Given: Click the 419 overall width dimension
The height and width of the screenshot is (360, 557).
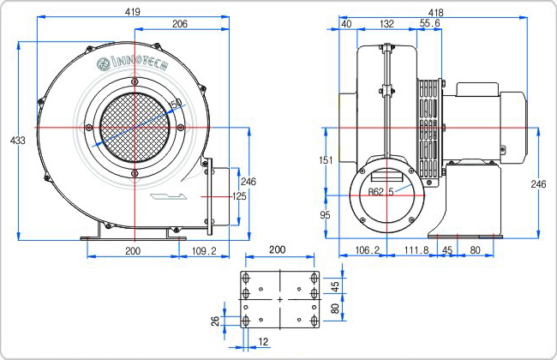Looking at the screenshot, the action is tap(133, 12).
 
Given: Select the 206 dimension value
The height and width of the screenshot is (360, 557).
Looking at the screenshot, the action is tap(180, 24).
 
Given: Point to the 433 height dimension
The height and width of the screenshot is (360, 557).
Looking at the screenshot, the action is tap(18, 141).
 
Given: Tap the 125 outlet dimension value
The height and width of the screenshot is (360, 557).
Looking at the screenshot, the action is tap(239, 196).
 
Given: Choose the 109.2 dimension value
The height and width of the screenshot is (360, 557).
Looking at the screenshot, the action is tap(204, 251).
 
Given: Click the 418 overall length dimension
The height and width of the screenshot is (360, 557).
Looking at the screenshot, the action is tap(435, 13).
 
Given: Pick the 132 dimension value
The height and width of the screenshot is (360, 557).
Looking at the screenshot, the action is tap(386, 24).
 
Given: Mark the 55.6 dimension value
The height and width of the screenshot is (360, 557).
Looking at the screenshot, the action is tap(430, 23).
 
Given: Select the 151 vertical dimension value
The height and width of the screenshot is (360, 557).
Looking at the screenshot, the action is tap(326, 160).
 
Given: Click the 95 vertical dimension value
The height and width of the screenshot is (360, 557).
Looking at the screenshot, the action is tap(325, 214).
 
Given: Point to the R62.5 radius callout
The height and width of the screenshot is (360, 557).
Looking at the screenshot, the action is tap(380, 192).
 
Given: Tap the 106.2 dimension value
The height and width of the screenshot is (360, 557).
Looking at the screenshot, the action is tap(368, 250).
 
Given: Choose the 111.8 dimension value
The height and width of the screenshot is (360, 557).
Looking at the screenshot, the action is tap(416, 250).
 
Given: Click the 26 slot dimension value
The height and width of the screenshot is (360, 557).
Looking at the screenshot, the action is tap(216, 321).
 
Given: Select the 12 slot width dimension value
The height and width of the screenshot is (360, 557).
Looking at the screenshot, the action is tap(263, 342).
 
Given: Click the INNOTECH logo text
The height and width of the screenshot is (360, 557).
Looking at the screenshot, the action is tap(132, 63).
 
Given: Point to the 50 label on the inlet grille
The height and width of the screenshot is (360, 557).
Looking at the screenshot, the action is tap(177, 104).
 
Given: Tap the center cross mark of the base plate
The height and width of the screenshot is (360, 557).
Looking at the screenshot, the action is tap(280, 300).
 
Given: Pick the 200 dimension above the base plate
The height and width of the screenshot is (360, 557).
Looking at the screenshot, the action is tap(277, 249).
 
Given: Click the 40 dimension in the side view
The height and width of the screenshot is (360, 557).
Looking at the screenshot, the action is tap(346, 24).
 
